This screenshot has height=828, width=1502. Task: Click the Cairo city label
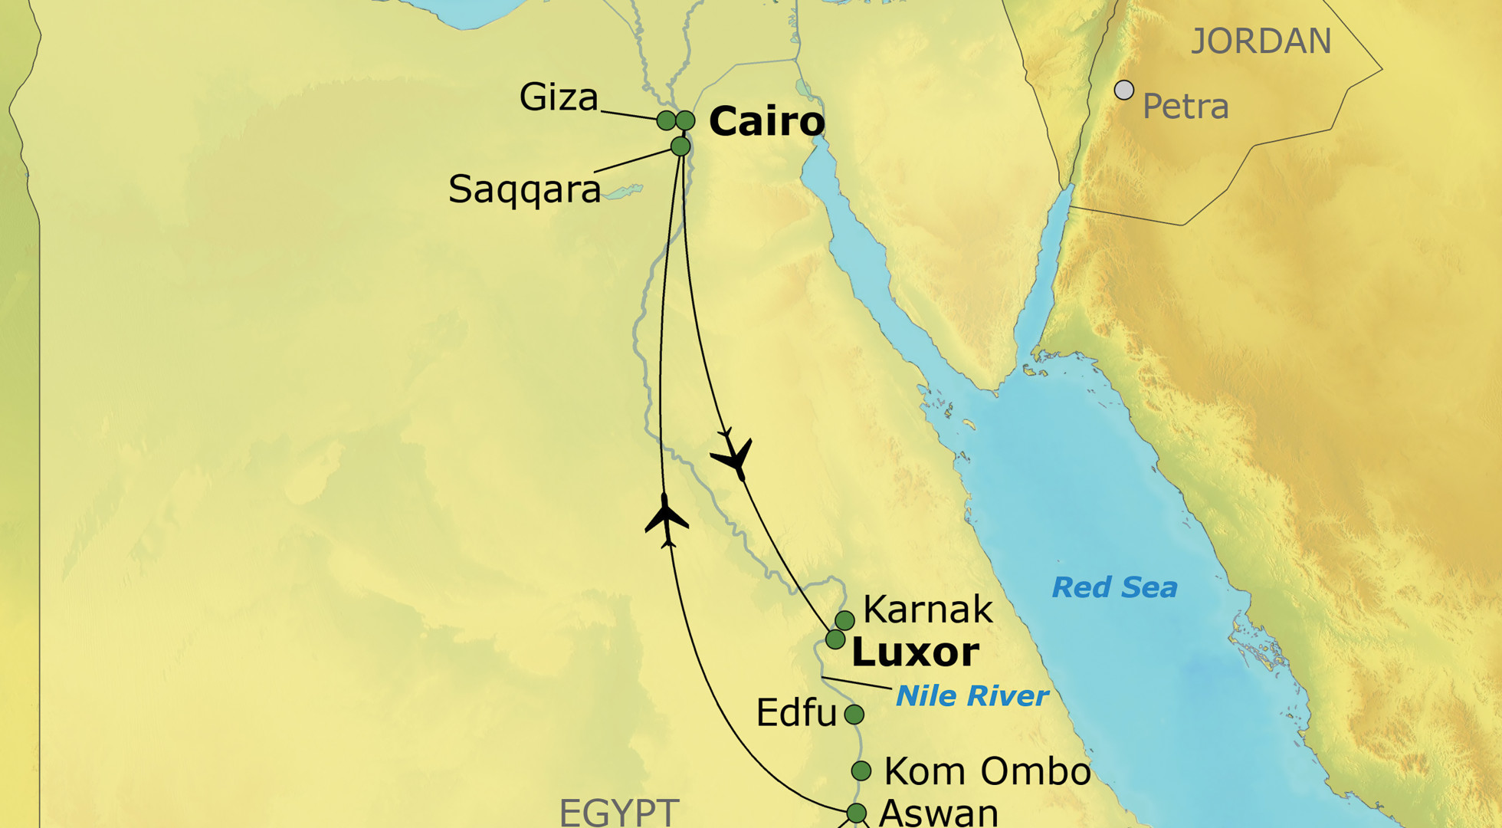[766, 122]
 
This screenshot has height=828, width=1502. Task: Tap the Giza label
[559, 98]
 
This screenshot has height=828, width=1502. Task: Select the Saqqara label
[524, 189]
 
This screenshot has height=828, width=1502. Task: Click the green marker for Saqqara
[680, 146]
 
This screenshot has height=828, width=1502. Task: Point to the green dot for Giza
[666, 120]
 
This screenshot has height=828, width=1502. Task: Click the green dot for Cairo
[685, 120]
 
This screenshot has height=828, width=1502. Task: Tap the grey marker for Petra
[1124, 90]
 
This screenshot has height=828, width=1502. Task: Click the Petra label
[1186, 107]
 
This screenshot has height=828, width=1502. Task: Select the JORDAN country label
[1261, 41]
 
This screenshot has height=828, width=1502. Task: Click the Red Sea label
[1114, 588]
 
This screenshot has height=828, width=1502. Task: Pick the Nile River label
[972, 696]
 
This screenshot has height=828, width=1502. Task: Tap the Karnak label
[927, 610]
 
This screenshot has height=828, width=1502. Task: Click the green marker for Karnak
[844, 619]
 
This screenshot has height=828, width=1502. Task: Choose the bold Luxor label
[915, 652]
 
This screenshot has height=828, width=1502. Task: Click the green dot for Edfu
[854, 715]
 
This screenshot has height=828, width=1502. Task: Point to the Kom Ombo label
[987, 771]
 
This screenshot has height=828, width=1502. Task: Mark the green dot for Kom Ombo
[861, 770]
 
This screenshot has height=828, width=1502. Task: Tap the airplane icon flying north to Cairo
[666, 520]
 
